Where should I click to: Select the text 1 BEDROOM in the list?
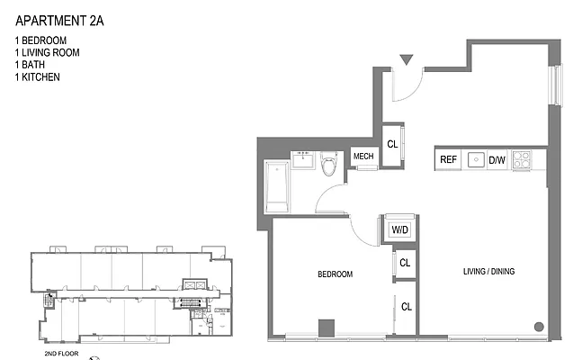tap(41, 41)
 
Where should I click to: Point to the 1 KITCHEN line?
tap(37, 78)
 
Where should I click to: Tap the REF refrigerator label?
tap(448, 160)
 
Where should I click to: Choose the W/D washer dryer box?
tap(398, 229)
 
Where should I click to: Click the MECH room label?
tap(363, 157)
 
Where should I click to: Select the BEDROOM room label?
tap(334, 274)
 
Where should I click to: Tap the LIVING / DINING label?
tap(488, 272)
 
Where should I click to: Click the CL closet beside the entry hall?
tap(392, 144)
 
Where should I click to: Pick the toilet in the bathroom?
tap(328, 165)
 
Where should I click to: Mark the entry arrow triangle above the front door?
tap(406, 60)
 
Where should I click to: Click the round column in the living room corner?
tap(538, 327)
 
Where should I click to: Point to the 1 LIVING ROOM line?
tap(47, 53)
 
